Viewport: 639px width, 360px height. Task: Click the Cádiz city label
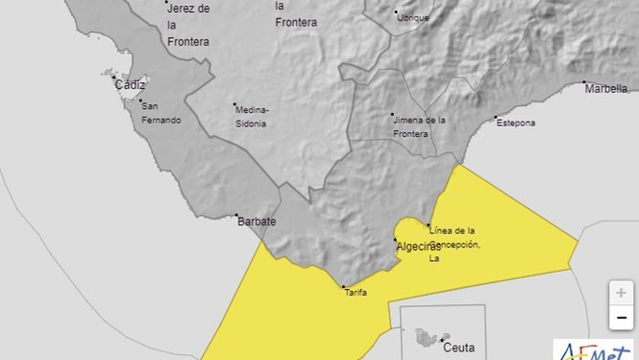[x=130, y=85]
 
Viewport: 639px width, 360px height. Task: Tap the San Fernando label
[x=161, y=113]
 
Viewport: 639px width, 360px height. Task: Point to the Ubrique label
[x=413, y=18]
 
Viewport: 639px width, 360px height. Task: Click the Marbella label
[x=606, y=89]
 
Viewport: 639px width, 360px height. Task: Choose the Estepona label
[x=516, y=123]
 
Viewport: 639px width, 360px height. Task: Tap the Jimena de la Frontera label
[x=419, y=127]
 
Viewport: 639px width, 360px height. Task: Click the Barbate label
[x=256, y=221]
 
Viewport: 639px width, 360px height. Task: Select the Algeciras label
[x=418, y=247]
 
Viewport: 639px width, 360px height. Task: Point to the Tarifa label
[x=355, y=293]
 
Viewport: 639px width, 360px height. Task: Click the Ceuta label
[x=459, y=347]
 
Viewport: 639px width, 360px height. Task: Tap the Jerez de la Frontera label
[x=188, y=25]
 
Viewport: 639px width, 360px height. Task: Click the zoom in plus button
[x=621, y=293]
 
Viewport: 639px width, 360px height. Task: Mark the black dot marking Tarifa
[x=343, y=287]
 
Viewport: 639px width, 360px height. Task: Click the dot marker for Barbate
[x=236, y=215]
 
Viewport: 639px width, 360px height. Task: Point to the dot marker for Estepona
[x=496, y=117]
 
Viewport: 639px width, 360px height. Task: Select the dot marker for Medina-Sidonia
[x=235, y=104]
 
